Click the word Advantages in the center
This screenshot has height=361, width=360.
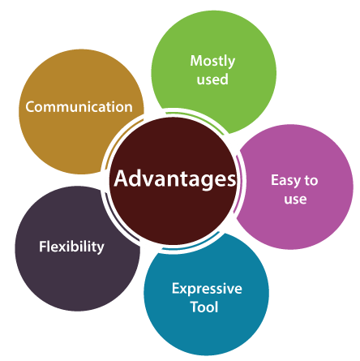(175, 179)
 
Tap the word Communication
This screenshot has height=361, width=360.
(79, 107)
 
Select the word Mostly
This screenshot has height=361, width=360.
(212, 62)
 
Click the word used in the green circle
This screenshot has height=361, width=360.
(212, 80)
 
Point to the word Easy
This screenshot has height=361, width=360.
(286, 181)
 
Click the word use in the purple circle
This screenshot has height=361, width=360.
(295, 200)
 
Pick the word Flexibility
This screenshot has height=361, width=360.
(71, 247)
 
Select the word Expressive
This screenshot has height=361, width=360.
(207, 289)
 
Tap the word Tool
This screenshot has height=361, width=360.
(204, 307)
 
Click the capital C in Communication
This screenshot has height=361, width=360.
(31, 107)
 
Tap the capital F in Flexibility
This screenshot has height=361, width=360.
(43, 247)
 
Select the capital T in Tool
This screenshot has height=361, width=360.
(195, 307)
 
